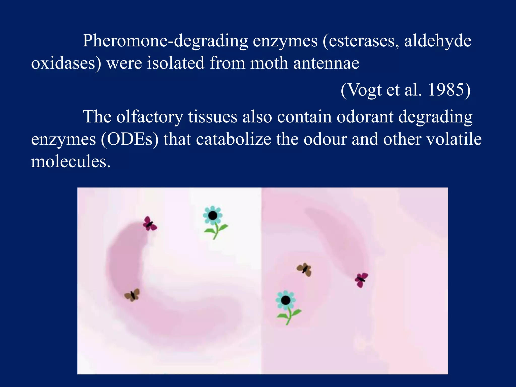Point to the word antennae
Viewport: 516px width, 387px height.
[326, 63]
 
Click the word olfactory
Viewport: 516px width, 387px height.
[150, 117]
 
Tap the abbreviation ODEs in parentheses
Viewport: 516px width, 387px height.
[130, 139]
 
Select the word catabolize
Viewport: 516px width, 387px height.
[234, 139]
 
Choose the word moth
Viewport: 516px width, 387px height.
[269, 63]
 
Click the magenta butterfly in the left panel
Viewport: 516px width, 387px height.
[149, 223]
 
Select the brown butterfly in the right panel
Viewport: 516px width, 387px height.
[305, 270]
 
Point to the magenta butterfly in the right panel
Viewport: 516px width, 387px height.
[361, 280]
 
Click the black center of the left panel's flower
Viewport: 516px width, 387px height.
[213, 215]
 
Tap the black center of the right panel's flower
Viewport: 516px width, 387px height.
[285, 300]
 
